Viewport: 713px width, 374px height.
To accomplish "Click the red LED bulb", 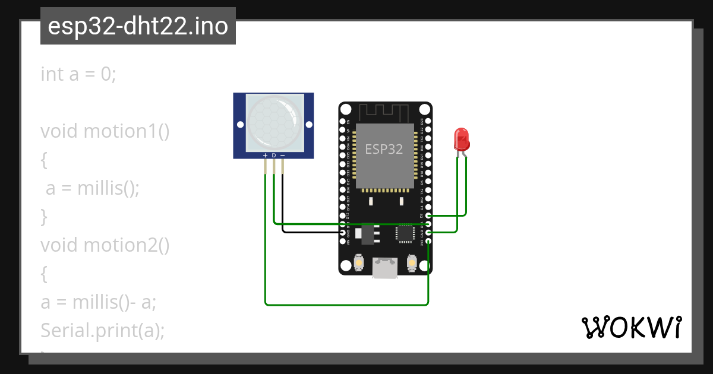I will point(462,140).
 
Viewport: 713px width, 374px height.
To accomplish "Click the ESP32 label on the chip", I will point(384,149).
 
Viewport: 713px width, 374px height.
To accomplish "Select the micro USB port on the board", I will point(384,268).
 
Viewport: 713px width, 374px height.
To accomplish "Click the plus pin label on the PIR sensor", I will point(265,156).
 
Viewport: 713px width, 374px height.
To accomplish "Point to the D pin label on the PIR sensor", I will point(274,156).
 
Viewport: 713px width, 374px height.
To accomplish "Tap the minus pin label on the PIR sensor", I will point(282,156).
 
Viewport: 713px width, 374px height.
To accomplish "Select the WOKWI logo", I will point(631,327).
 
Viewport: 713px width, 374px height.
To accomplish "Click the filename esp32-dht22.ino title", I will point(138,27).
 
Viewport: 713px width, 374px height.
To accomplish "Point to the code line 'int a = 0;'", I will point(78,74).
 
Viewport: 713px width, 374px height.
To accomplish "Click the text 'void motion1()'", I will point(105,131).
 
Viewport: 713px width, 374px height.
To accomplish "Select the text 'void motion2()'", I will point(105,245).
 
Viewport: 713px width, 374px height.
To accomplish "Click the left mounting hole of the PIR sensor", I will point(240,125).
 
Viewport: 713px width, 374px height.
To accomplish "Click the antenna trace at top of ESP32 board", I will point(384,111).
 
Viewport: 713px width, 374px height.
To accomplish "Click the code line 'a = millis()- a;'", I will point(98,302).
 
